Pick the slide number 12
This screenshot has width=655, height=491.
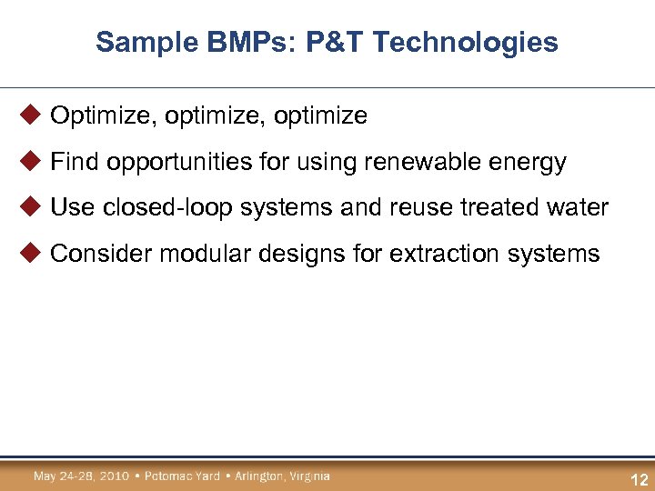coord(639,480)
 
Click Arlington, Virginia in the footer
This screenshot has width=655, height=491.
coord(282,476)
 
